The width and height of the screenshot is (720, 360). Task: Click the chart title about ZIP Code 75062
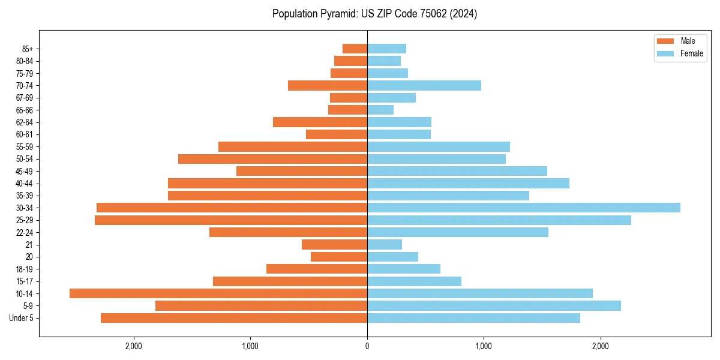374,14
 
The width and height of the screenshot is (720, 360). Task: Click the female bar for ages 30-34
523,208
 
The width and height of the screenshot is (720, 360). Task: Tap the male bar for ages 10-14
218,293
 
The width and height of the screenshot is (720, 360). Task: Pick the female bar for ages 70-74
424,85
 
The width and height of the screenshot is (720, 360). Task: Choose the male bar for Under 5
234,318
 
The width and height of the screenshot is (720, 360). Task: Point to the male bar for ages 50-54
272,159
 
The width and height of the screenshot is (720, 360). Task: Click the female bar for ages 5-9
494,306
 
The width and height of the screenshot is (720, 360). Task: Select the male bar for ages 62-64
320,122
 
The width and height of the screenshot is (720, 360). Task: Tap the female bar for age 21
385,244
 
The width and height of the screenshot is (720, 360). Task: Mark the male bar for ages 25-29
231,220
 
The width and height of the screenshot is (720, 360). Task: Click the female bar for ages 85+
386,49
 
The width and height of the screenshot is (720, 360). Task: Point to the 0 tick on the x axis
367,346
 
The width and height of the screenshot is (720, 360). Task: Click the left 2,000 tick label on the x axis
133,346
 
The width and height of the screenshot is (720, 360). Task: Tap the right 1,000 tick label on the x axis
484,346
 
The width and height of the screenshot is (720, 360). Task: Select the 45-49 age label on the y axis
25,171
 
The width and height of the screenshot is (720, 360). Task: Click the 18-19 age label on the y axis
25,269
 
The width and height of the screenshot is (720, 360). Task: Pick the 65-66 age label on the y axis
25,110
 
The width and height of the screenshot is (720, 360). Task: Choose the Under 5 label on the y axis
22,318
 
